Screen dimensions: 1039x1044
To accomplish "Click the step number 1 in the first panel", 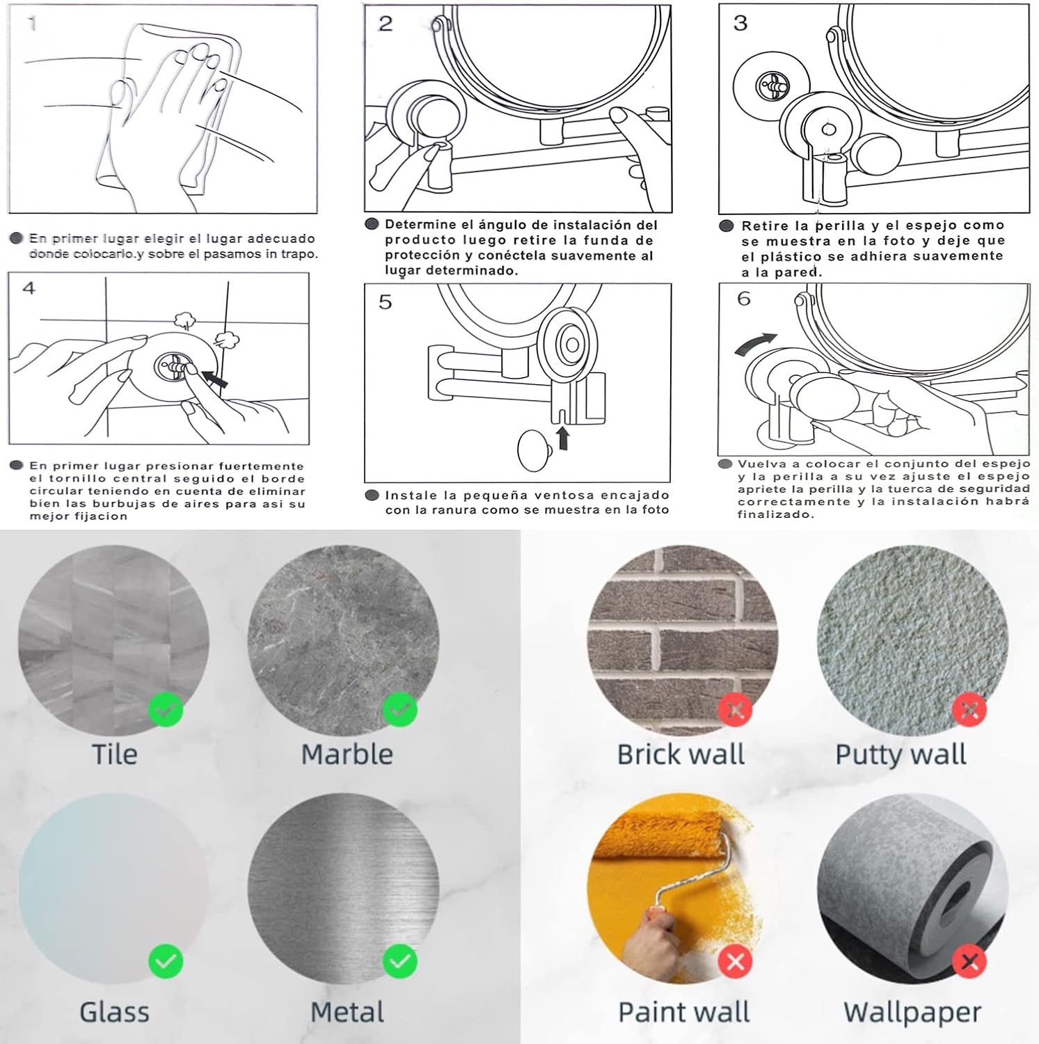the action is point(32,24).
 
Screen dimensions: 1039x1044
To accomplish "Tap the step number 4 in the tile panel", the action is point(29,288).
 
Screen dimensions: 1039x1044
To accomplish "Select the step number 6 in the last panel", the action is point(744,299).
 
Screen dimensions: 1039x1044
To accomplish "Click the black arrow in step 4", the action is point(214,379).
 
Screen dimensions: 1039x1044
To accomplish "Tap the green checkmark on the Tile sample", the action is point(166,710).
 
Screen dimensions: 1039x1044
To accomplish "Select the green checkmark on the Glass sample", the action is point(166,962).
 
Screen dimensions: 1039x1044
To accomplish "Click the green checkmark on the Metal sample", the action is point(400,962).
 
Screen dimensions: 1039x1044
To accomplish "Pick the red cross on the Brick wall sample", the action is point(736,710).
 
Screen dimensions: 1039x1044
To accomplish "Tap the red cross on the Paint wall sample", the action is point(736,962).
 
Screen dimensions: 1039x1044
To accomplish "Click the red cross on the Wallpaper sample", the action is point(969,962).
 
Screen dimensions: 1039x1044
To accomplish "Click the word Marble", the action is point(347,754).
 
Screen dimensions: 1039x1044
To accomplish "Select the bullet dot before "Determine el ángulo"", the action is point(372,224).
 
